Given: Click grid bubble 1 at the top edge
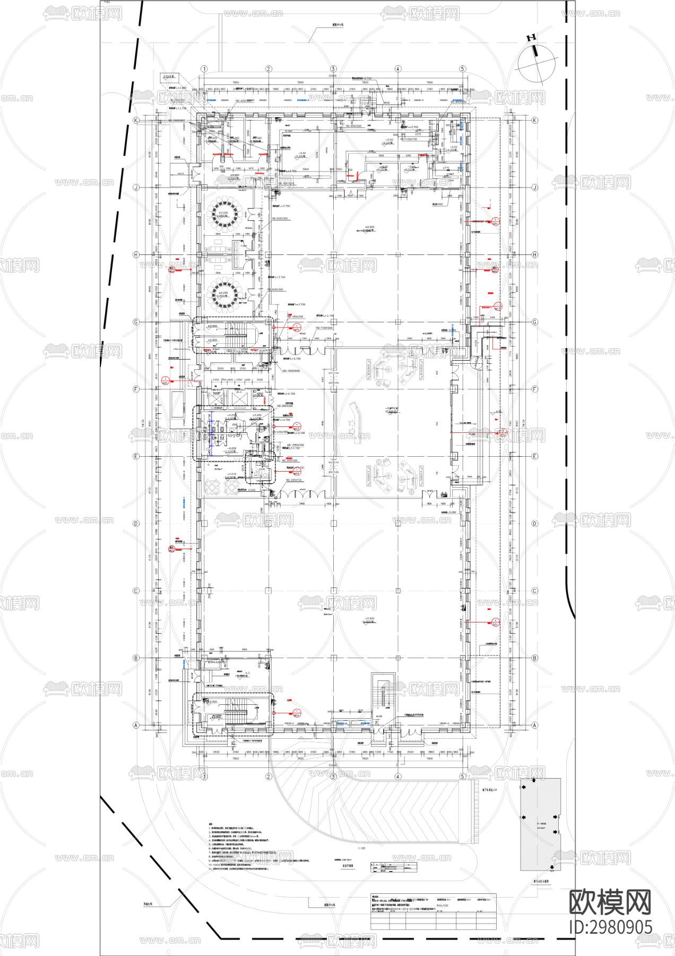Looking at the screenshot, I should pos(203,69).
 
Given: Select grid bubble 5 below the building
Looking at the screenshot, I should pos(462,776).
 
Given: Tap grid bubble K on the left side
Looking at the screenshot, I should pos(136,121).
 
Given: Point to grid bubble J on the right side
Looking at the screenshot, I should pos(534,187).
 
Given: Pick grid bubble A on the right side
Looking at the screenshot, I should pos(534,725).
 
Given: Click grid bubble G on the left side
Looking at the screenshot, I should pos(136,322).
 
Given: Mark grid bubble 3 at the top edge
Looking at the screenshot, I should pos(333,69).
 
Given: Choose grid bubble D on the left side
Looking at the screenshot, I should pos(136,524).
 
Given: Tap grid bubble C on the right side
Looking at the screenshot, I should pos(534,591).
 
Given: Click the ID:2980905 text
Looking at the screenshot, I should pos(610,927).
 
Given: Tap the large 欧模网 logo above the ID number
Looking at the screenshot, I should pos(610,901).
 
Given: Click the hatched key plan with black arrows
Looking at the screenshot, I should pos(540,824).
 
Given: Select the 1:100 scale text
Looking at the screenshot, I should pos(362,848).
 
